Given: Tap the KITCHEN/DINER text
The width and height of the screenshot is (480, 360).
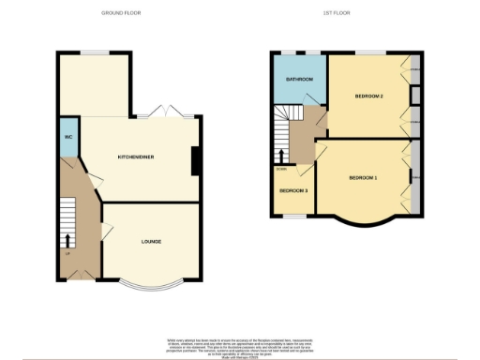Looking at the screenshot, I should coord(136,157).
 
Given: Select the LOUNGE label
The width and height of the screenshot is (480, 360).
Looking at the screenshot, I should coord(151,241).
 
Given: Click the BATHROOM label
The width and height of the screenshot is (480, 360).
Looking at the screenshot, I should coord(298,80).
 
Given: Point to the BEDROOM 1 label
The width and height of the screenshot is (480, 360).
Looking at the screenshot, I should coord(363,177).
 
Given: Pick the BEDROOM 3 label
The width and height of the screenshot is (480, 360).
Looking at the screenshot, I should coord(294,191).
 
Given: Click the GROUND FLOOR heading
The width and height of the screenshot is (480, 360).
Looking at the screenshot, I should coord(120,13).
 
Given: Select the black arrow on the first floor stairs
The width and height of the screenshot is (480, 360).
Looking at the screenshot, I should coord(279,155).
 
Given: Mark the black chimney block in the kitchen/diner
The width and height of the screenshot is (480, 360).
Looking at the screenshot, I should coord(195,161).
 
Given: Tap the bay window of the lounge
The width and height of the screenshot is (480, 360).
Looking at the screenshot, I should coord(150,284).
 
